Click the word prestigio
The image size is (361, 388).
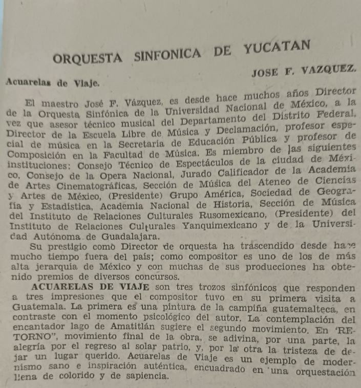click(68, 247)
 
